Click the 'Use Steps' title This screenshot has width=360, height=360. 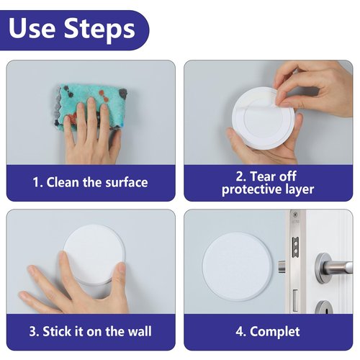(72, 28)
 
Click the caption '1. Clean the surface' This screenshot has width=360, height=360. (90, 182)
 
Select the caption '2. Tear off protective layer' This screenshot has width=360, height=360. (268, 182)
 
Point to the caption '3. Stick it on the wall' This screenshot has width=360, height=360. (90, 332)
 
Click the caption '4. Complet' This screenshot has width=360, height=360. (268, 332)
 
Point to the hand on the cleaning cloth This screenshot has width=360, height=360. (90, 133)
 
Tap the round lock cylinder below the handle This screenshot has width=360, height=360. (324, 310)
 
